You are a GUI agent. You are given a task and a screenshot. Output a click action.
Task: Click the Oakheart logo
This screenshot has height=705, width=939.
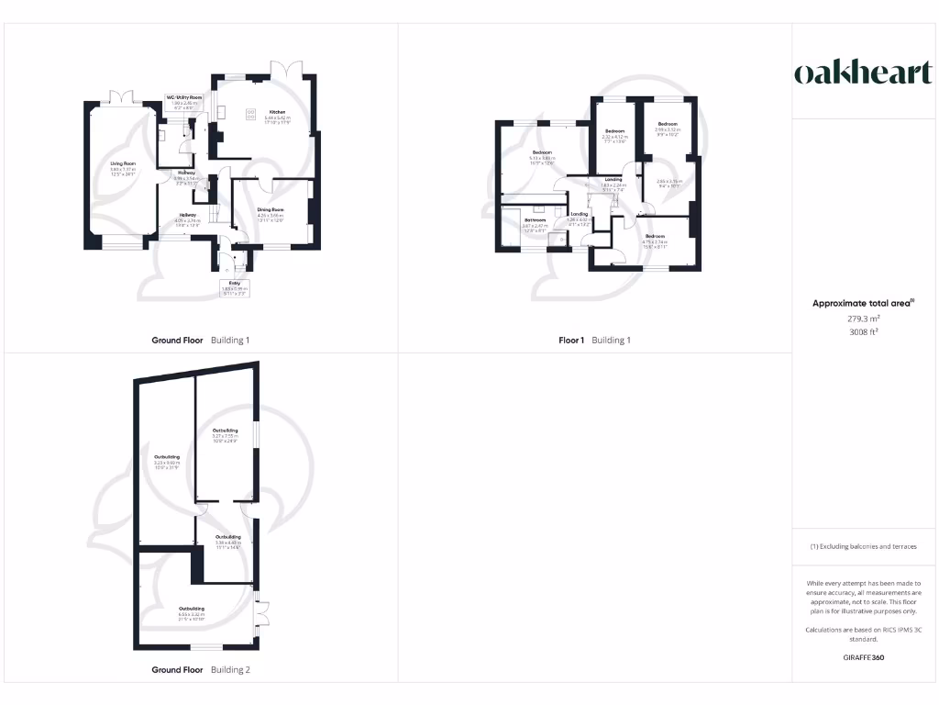click(x=863, y=73)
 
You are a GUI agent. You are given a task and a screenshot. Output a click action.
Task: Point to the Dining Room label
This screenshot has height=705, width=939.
click(x=271, y=212)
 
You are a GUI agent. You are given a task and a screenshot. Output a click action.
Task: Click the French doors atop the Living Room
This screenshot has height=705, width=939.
click(x=122, y=95)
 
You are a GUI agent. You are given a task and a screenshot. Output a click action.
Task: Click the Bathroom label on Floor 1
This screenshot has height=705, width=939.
click(x=535, y=221)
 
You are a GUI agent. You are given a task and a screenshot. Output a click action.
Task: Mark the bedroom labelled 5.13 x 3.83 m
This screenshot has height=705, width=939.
click(x=541, y=155)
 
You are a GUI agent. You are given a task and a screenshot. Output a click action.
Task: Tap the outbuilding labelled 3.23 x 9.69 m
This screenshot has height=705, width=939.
click(x=167, y=459)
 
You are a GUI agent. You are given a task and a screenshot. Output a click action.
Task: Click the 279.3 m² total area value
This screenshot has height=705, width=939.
click(x=863, y=319)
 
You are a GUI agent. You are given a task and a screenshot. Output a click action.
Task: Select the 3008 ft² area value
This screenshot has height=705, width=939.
click(x=863, y=332)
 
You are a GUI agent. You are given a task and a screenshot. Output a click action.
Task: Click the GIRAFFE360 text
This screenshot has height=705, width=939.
click(x=863, y=657)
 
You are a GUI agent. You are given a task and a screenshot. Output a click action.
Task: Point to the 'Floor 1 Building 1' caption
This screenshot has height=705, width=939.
click(x=595, y=341)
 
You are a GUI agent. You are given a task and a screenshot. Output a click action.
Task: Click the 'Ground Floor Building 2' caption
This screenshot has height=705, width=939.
click(x=201, y=670)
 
